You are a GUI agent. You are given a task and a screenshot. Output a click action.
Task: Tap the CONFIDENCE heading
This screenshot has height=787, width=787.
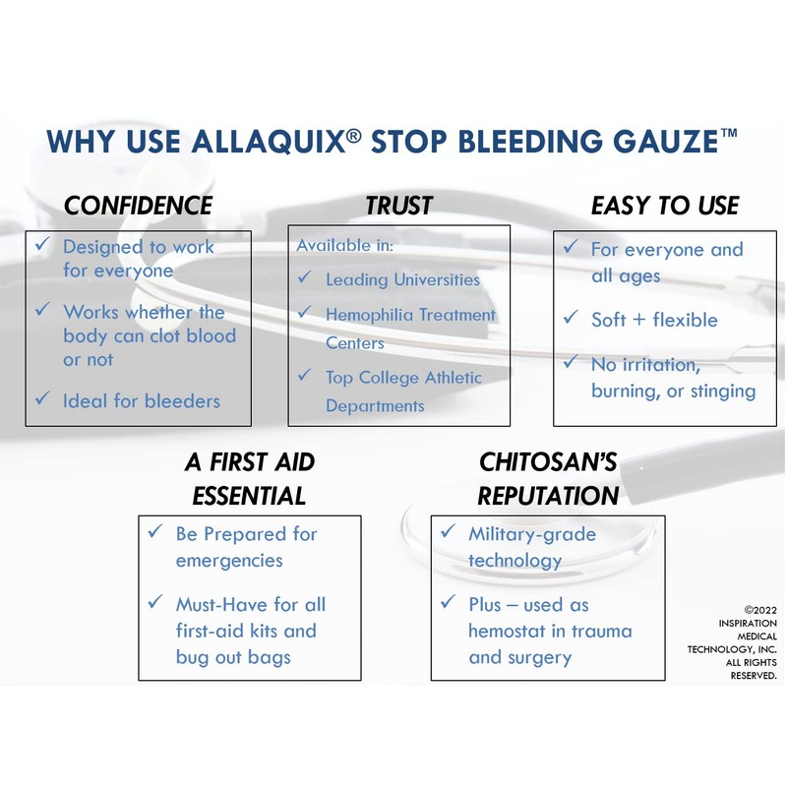click(x=138, y=206)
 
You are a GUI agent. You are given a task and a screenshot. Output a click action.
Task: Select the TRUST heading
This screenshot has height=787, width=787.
click(x=398, y=206)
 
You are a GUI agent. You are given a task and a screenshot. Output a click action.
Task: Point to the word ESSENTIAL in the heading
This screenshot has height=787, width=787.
click(x=249, y=494)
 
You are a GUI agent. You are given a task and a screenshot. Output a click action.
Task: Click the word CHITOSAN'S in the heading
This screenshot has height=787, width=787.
click(x=548, y=462)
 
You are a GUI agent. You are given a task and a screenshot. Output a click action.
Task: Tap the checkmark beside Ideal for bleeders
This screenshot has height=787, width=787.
click(x=41, y=399)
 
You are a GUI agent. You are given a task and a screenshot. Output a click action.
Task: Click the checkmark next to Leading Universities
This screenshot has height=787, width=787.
click(x=305, y=278)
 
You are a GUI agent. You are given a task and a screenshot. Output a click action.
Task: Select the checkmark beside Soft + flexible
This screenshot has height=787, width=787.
click(x=570, y=318)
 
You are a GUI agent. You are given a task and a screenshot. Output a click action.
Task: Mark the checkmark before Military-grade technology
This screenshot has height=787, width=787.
click(x=448, y=532)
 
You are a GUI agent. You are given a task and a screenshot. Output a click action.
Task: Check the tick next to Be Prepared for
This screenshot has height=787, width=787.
click(x=154, y=532)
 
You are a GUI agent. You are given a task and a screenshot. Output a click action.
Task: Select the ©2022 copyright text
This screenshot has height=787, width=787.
click(x=759, y=610)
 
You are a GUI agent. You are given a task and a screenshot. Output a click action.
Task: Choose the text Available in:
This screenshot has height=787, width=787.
click(x=344, y=245)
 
